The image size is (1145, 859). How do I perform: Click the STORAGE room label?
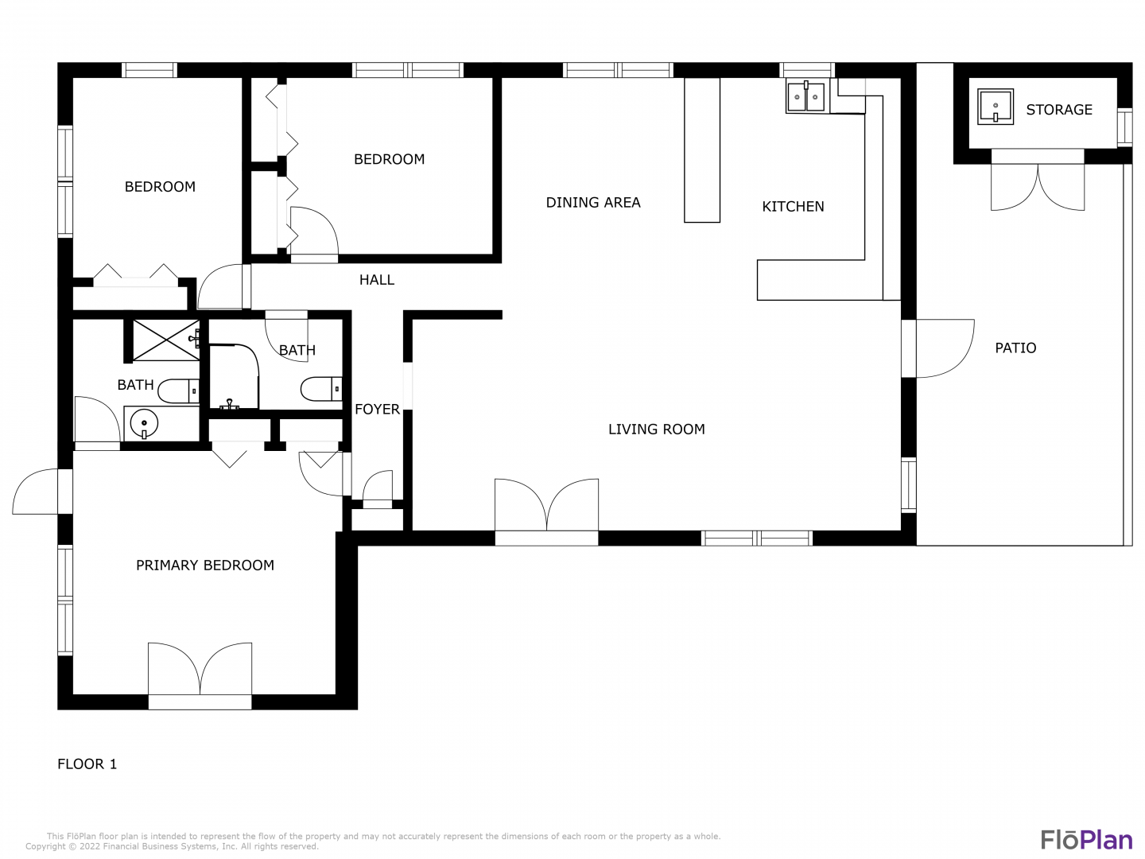(x=1058, y=110)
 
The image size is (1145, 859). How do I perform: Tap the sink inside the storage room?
(x=996, y=107)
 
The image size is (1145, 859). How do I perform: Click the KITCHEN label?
(x=793, y=207)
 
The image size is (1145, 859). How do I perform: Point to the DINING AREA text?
(x=593, y=202)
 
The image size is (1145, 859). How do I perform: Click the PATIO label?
(x=1015, y=348)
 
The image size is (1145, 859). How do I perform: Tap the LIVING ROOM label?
(x=656, y=429)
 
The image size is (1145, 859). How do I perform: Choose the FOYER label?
(x=377, y=410)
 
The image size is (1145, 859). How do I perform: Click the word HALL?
(x=377, y=280)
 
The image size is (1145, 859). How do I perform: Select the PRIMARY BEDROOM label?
(x=205, y=566)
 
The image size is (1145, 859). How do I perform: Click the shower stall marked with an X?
(x=166, y=340)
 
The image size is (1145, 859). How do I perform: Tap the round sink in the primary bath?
(x=144, y=423)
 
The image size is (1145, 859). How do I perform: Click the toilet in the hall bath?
(x=321, y=389)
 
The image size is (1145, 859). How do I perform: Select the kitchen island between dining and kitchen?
(x=702, y=150)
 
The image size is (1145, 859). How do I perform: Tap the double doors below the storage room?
(x=1038, y=187)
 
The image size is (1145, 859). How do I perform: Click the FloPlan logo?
(x=1087, y=840)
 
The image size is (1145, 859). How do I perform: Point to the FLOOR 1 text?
(x=87, y=764)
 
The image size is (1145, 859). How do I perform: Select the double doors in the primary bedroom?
(x=200, y=669)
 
